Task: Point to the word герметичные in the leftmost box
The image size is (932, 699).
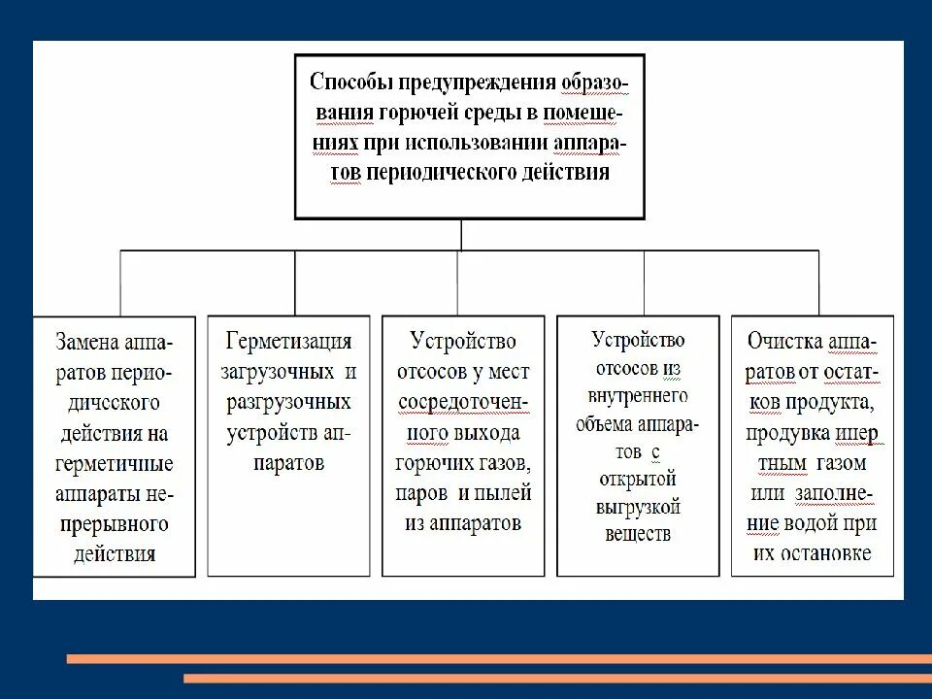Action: point(114,463)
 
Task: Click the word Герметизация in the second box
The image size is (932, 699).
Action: point(288,343)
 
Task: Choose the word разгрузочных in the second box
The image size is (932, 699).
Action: point(288,402)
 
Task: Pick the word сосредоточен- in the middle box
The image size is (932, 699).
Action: point(462,402)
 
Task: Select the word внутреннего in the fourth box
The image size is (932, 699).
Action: point(638,396)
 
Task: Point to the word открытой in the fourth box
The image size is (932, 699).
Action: point(638,480)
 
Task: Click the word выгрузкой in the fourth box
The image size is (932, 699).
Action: point(638,507)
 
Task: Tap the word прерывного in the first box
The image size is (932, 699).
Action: point(114,524)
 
